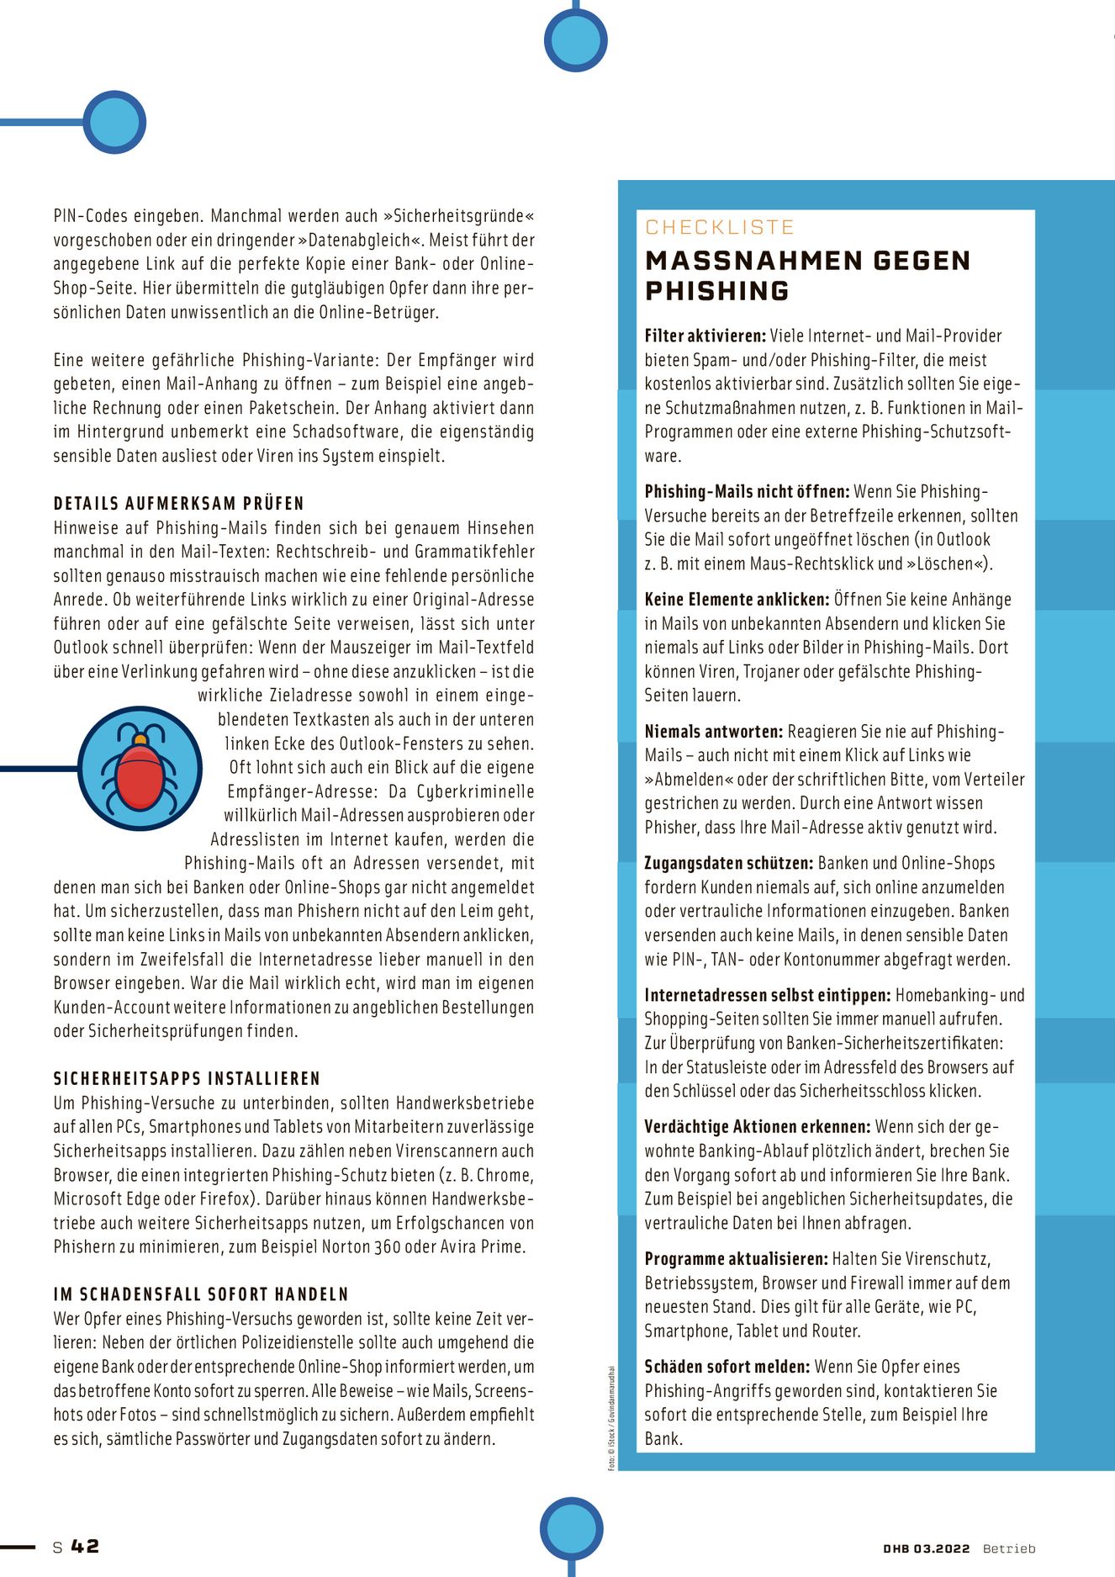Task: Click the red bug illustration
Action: coord(140,768)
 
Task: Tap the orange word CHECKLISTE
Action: coord(719,227)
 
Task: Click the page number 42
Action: coord(85,1546)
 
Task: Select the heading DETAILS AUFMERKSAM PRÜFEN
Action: coord(178,504)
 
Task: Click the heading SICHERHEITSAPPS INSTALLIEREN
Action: coord(187,1079)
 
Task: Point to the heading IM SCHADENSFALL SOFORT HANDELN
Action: coord(200,1294)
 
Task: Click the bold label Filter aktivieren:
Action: coord(705,336)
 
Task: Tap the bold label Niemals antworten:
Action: coord(713,732)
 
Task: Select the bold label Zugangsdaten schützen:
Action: coord(728,864)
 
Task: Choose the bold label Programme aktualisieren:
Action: coord(736,1259)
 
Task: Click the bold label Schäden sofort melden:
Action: coord(727,1367)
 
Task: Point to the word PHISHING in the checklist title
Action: coord(716,291)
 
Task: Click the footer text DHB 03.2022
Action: coord(926,1548)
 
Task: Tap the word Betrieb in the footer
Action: coord(1008,1548)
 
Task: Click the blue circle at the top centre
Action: coord(575,40)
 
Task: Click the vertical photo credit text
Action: coord(612,1418)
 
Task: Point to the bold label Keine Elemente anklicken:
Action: coord(737,600)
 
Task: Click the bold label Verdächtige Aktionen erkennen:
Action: coord(757,1127)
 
